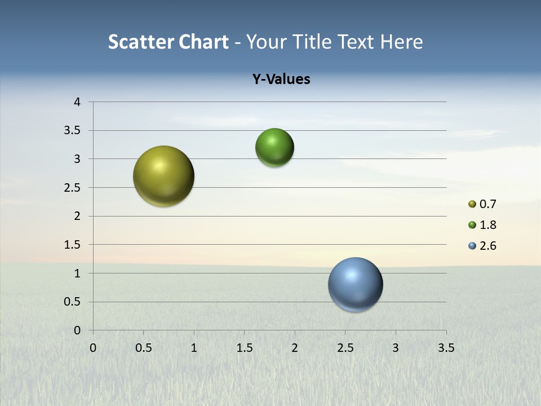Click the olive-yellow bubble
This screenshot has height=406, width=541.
(163, 176)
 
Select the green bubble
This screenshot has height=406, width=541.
(274, 148)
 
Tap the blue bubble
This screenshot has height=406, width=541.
(355, 284)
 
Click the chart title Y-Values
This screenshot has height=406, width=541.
(281, 80)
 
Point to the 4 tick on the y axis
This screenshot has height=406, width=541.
(78, 102)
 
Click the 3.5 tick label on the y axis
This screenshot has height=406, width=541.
(73, 131)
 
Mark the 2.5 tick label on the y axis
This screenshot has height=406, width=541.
(73, 188)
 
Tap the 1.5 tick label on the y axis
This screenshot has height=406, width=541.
(73, 245)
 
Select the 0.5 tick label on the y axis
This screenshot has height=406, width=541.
(73, 302)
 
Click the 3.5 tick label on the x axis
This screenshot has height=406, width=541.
(446, 348)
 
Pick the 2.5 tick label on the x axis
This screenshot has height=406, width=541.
(345, 348)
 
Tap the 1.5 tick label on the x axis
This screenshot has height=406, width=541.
(244, 348)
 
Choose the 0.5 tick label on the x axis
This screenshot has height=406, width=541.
(143, 348)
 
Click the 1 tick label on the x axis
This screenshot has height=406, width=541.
(194, 348)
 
